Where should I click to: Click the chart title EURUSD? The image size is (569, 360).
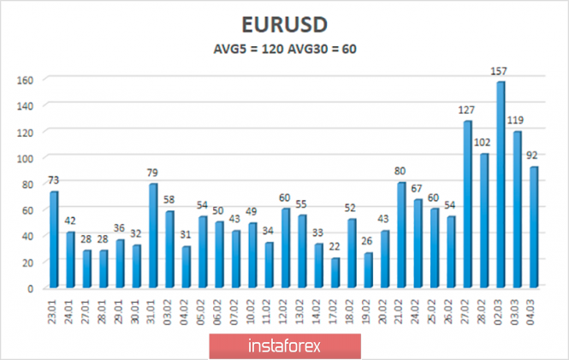click(284, 24)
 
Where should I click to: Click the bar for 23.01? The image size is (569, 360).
click(54, 239)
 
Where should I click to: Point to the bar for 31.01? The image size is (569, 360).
click(153, 236)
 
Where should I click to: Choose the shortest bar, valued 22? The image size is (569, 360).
click(335, 273)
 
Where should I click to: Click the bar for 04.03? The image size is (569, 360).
click(534, 227)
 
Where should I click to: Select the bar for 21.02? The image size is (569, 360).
click(401, 235)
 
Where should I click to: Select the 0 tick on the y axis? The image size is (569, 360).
click(30, 288)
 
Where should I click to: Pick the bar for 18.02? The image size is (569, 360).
click(352, 253)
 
